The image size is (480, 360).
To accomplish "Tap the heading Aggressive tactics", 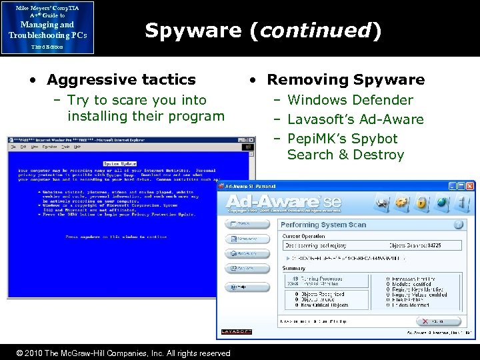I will click(x=121, y=80).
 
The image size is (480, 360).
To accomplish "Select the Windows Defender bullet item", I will click(x=350, y=100).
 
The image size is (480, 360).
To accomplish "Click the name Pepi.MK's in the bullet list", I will click(x=316, y=139).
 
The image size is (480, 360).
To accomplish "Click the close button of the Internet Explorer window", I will click(x=250, y=140).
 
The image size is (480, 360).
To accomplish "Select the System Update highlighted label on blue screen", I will click(x=119, y=163).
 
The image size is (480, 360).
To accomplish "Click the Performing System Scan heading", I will click(x=323, y=225).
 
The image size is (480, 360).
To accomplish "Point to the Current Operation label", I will click(x=303, y=236).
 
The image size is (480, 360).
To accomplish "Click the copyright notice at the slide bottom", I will click(x=123, y=353).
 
